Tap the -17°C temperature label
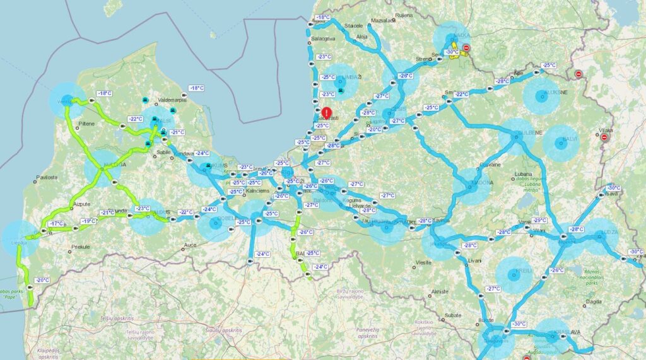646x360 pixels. (x=56, y=224)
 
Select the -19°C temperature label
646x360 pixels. (x=89, y=221)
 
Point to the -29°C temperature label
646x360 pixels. (x=539, y=221)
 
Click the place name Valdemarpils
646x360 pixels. (x=173, y=100)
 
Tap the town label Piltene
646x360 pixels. (x=85, y=124)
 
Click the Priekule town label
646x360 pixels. (x=81, y=247)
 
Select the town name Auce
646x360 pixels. (x=189, y=243)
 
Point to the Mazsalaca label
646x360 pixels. (x=383, y=20)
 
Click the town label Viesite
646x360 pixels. (x=423, y=262)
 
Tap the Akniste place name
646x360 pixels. (x=439, y=291)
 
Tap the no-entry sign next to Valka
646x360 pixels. (x=466, y=48)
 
